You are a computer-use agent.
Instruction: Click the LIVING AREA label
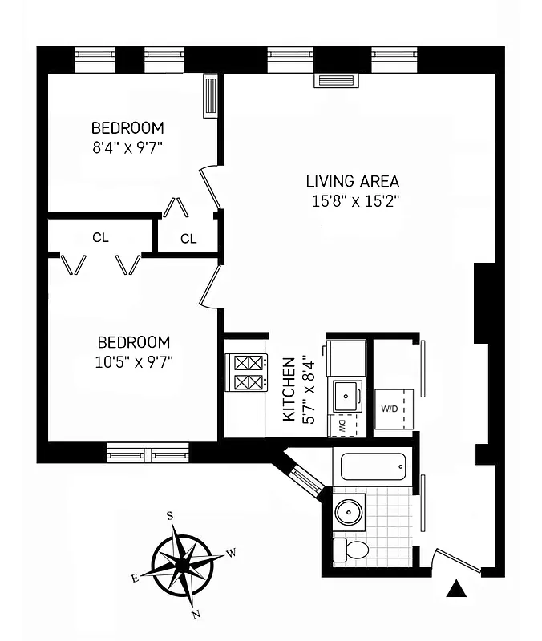click(352, 181)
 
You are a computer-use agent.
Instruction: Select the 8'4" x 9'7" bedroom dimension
click(127, 147)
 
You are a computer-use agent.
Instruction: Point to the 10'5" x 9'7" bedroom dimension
click(133, 361)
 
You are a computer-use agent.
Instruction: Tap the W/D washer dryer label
click(390, 409)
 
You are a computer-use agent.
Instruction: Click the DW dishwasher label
click(341, 425)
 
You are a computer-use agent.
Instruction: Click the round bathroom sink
click(350, 512)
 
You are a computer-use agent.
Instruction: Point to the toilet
click(351, 550)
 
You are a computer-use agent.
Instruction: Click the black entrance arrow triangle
click(456, 591)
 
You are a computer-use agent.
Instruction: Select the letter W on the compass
click(231, 553)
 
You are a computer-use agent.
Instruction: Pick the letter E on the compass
click(135, 578)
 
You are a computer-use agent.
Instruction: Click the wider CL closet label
click(100, 237)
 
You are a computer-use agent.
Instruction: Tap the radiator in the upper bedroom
click(211, 96)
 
